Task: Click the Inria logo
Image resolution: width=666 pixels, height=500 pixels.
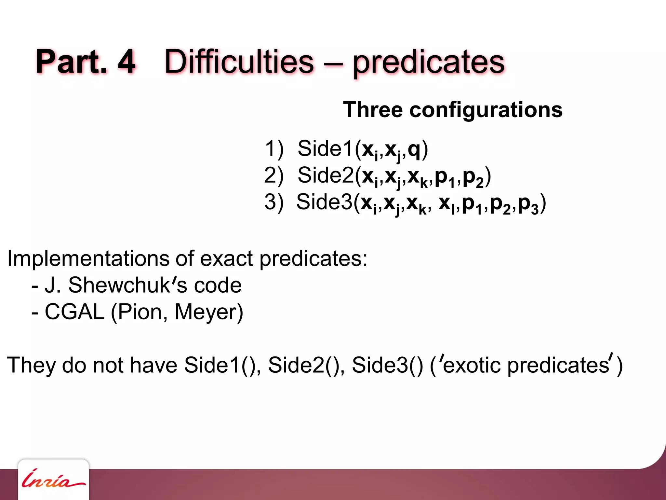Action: pyautogui.click(x=53, y=480)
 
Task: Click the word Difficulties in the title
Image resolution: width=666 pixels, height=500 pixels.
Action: pyautogui.click(x=239, y=62)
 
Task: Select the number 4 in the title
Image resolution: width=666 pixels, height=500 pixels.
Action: pyautogui.click(x=126, y=62)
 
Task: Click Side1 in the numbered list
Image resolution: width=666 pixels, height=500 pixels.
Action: pyautogui.click(x=325, y=148)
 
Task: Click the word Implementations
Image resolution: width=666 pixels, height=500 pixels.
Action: pyautogui.click(x=88, y=259)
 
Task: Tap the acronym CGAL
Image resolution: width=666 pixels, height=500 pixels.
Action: pyautogui.click(x=74, y=312)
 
